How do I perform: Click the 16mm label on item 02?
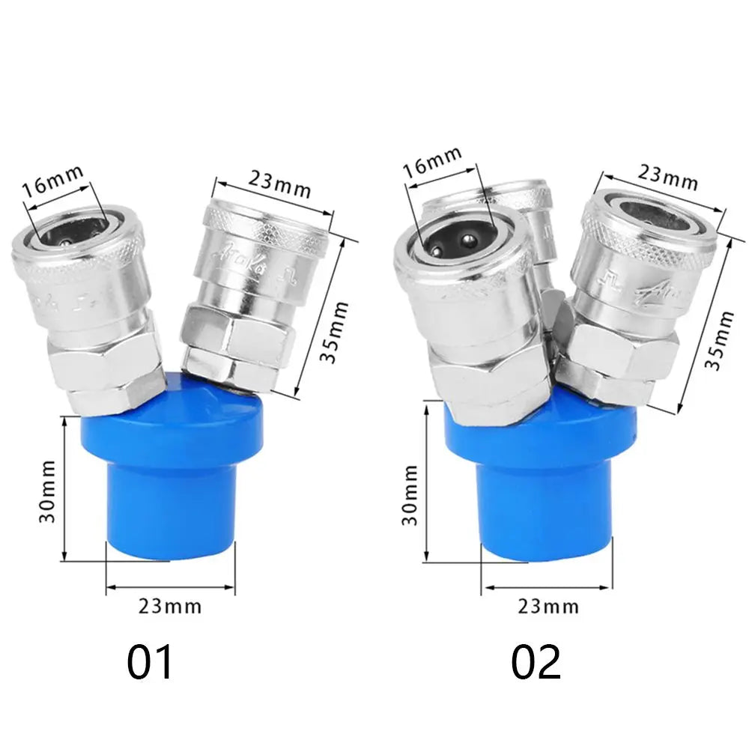[x=432, y=162]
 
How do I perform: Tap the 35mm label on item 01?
[x=333, y=333]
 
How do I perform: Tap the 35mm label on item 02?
[x=718, y=339]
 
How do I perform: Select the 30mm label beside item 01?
[x=47, y=491]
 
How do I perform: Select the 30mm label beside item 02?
[x=410, y=495]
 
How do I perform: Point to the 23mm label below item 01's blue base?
[x=170, y=606]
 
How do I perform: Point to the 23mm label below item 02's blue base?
[x=548, y=606]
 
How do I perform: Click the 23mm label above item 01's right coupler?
[x=279, y=185]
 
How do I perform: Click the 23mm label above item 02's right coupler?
[x=667, y=178]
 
